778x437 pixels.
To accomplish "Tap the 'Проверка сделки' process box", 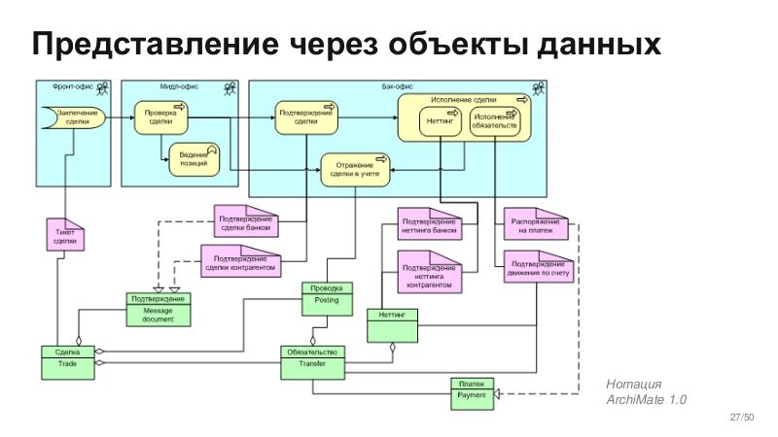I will tap(160, 118).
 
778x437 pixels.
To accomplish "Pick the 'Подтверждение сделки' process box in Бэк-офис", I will tap(305, 118).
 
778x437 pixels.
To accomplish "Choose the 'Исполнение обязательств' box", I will tap(494, 122).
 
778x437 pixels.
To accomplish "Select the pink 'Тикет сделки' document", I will tap(65, 236).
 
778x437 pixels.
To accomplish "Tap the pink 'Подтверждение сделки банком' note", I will tap(245, 222).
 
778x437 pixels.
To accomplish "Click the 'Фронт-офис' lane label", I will tap(80, 87).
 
